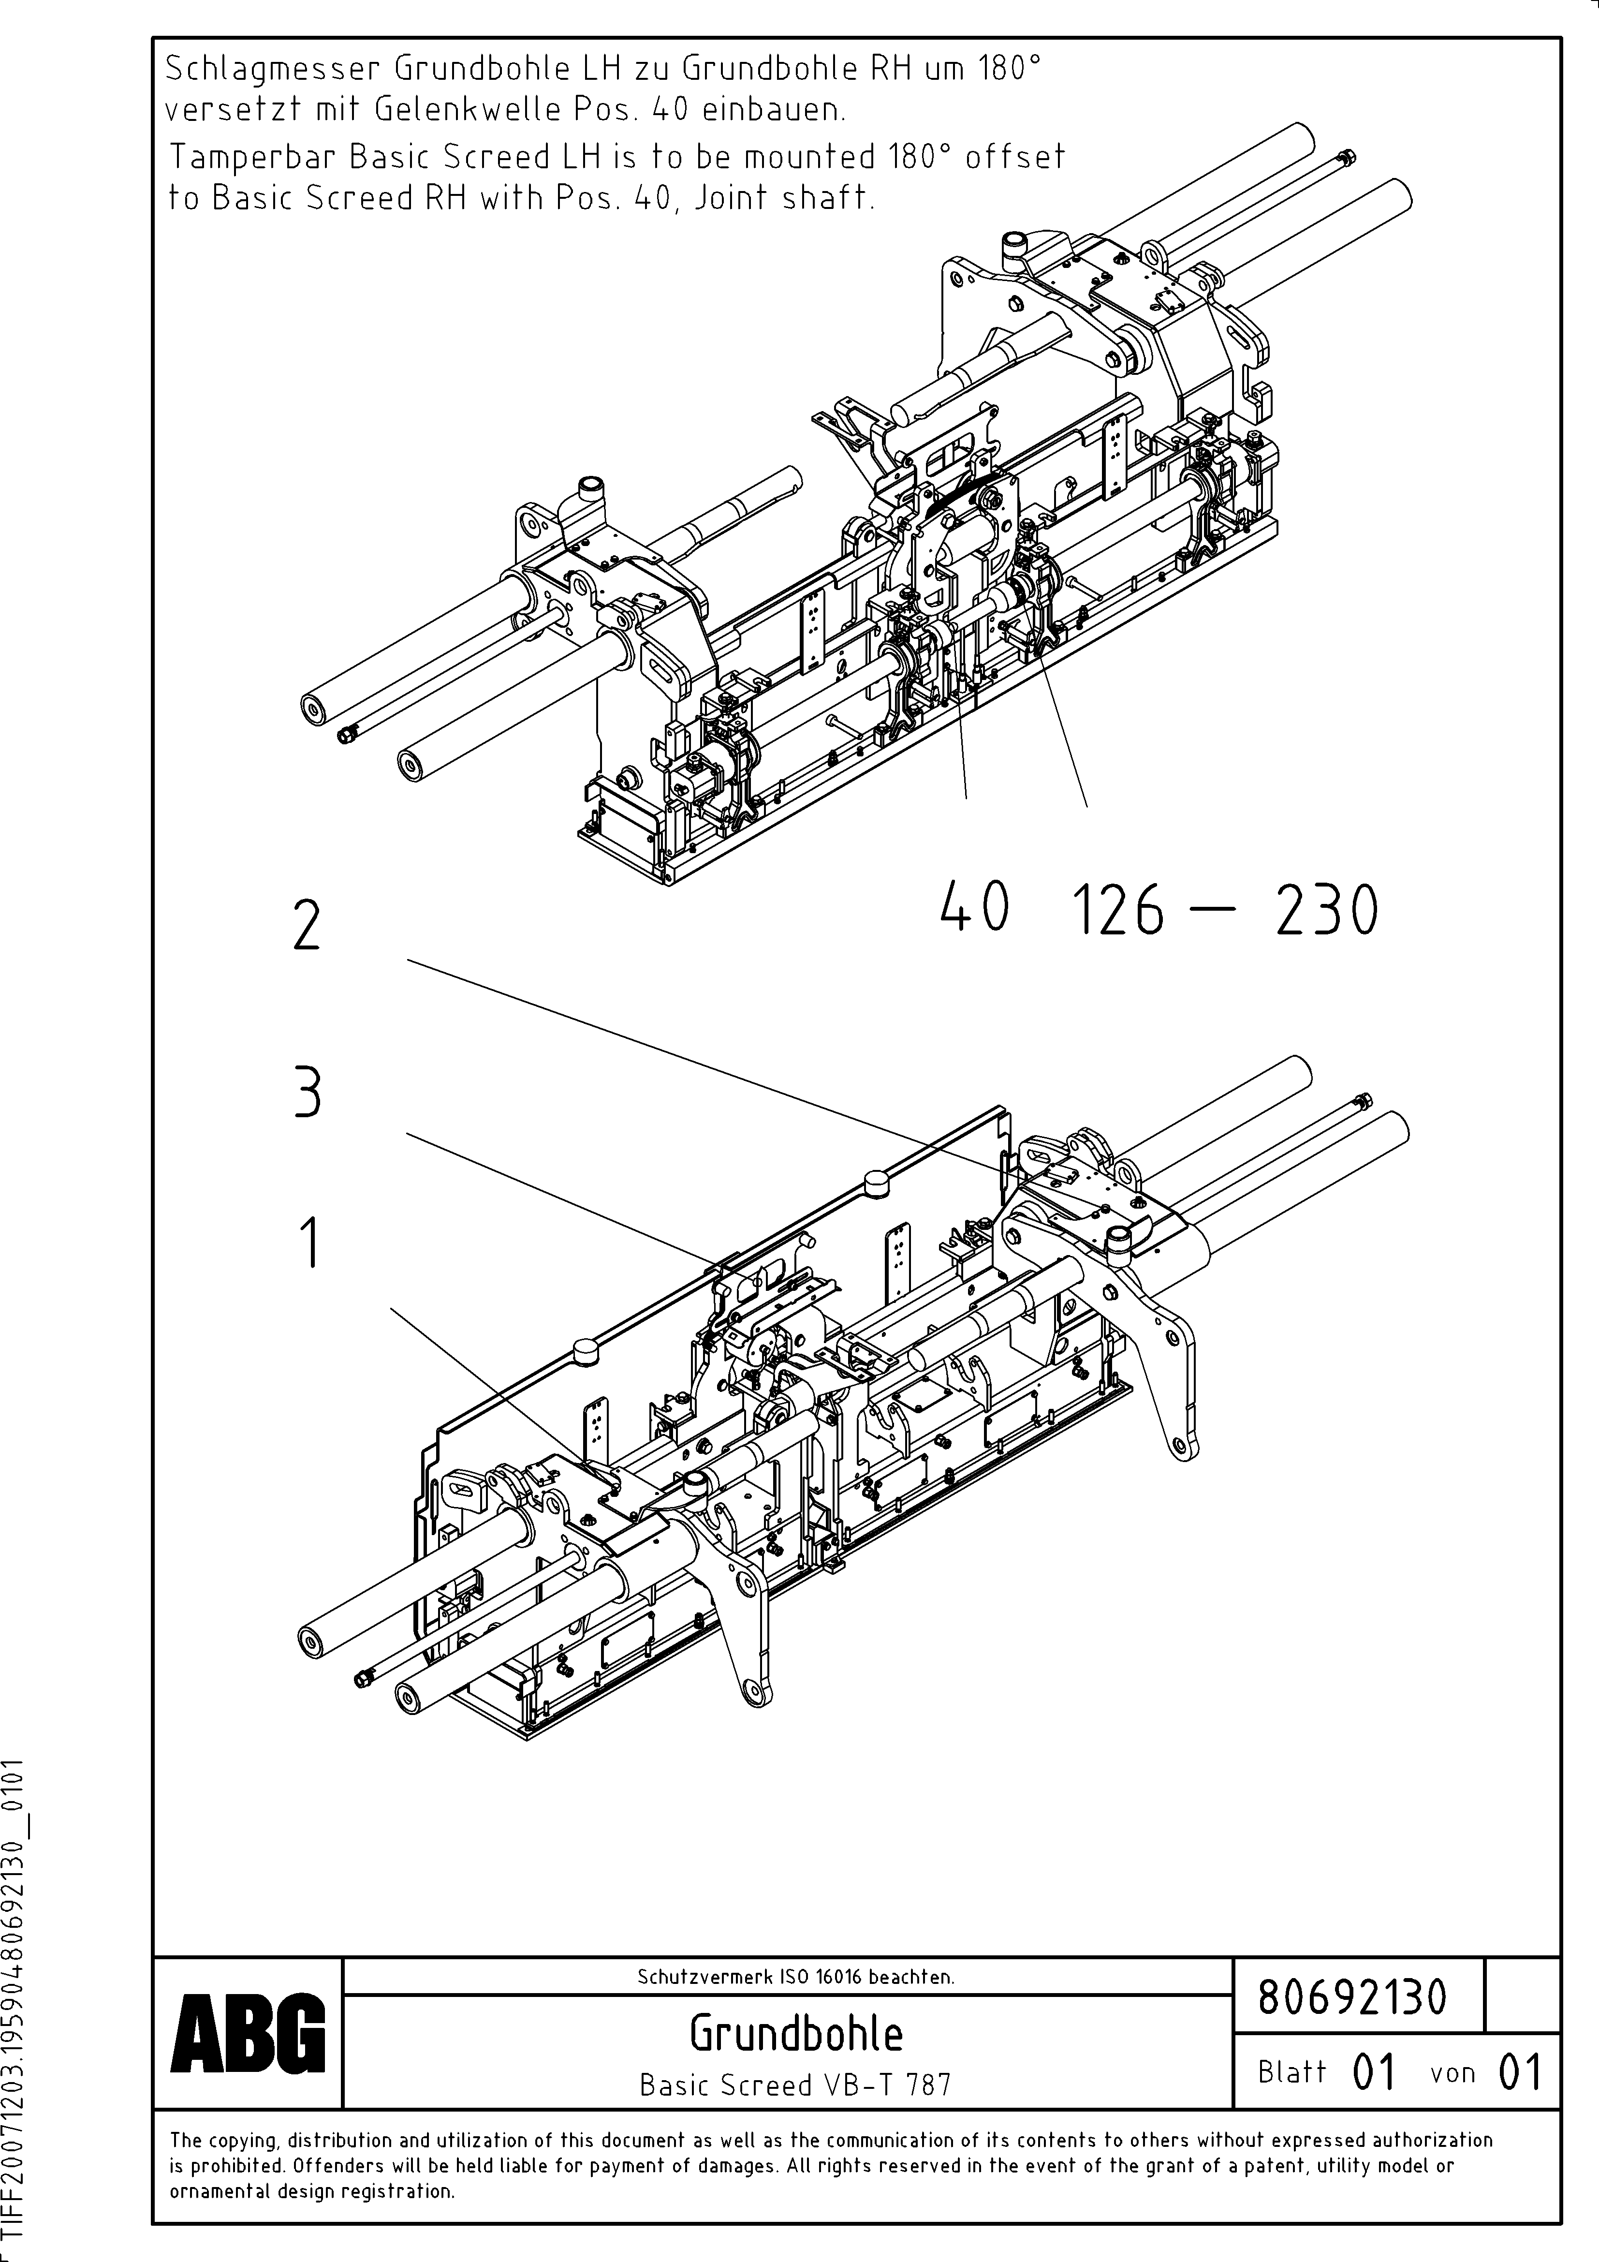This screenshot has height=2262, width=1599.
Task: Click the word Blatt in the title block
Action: (x=1291, y=2072)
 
